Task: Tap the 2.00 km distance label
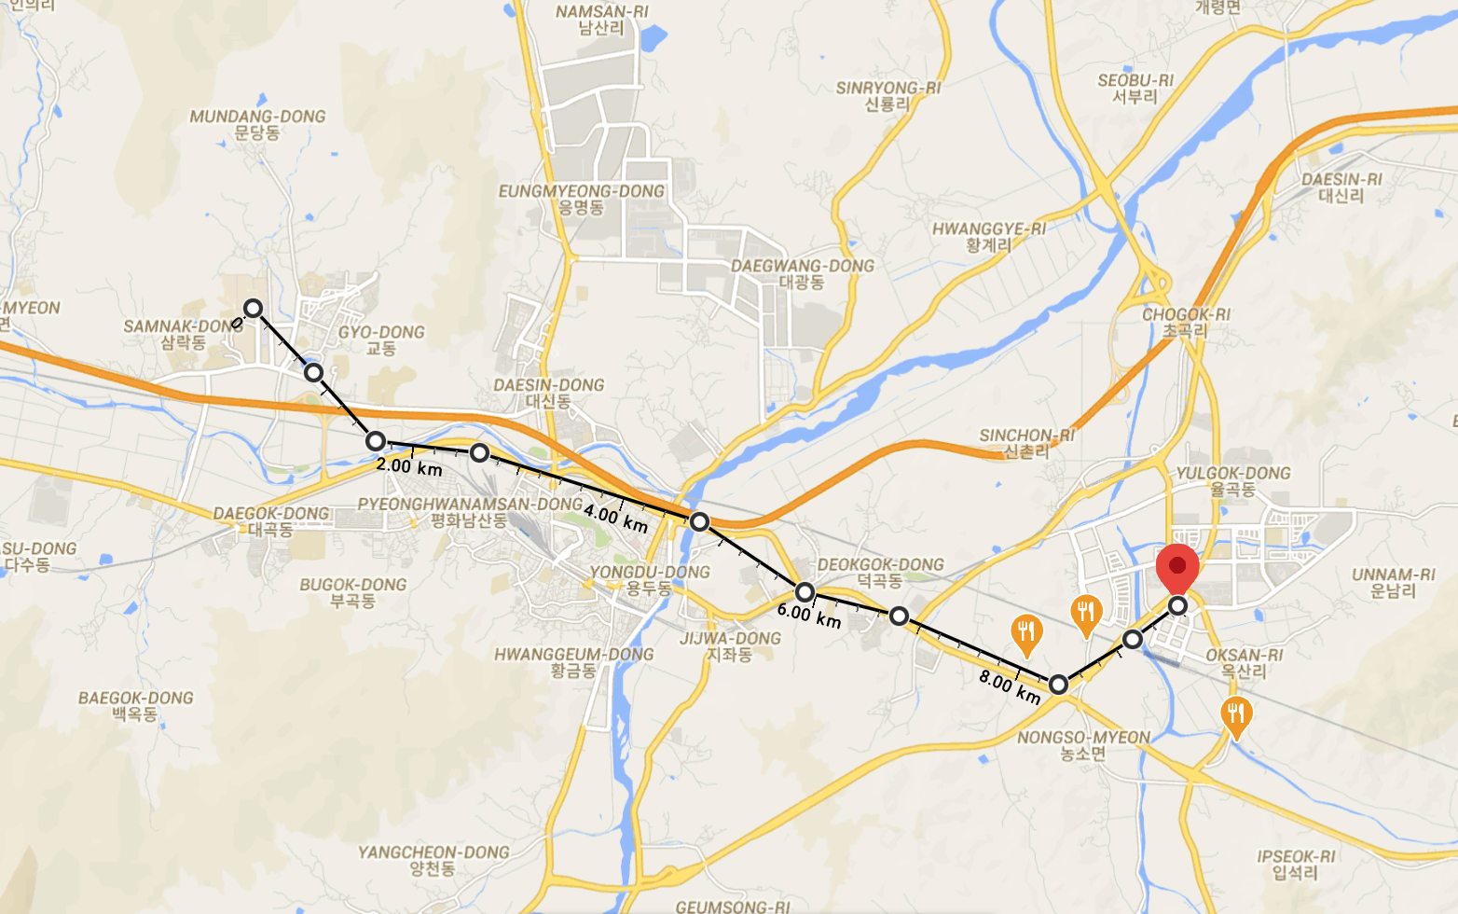[409, 466]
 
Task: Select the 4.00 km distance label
[615, 518]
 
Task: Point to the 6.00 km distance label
[809, 616]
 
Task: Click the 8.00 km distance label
[1010, 686]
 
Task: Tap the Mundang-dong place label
[257, 124]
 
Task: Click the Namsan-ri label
[601, 20]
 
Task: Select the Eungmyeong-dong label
[581, 199]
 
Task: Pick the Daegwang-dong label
[802, 273]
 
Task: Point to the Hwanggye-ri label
[988, 237]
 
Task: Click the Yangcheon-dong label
[433, 860]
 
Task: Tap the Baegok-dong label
[136, 706]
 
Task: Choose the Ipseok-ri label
[1296, 865]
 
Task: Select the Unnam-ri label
[1394, 583]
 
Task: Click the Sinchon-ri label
[1026, 443]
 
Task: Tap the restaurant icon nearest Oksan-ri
[1235, 715]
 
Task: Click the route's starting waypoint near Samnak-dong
[253, 308]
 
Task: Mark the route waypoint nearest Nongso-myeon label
[1058, 685]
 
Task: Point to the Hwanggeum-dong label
[574, 662]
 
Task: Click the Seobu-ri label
[1135, 89]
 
